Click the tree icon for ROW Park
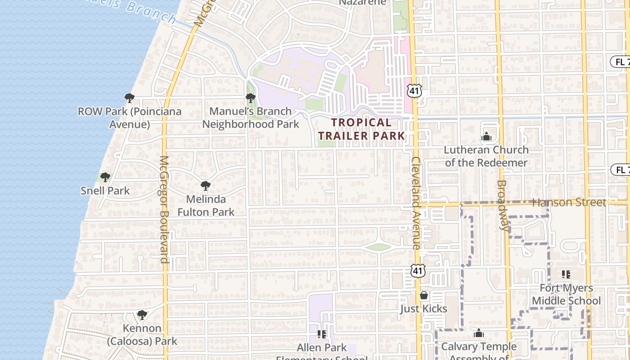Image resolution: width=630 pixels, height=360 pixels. coord(130,98)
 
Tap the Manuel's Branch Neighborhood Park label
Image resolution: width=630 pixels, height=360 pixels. coord(251,117)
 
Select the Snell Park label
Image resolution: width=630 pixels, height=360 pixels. coord(105,191)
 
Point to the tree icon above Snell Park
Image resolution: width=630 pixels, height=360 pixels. coord(105,177)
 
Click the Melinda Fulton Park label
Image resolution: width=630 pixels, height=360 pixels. coord(206,205)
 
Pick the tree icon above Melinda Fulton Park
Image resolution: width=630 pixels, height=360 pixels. coord(206,185)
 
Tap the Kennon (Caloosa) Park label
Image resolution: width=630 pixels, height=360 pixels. coord(142,335)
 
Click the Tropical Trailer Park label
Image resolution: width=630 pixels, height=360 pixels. coord(361,129)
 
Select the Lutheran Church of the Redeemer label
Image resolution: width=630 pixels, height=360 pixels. coord(486,156)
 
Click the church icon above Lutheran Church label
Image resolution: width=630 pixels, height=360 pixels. coord(486,136)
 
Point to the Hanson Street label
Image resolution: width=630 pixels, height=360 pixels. coord(569,202)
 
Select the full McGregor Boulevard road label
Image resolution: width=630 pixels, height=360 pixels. coord(164,209)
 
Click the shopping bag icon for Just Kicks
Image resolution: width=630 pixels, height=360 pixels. coord(423,296)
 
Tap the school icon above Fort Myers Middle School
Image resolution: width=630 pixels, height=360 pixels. coord(566,274)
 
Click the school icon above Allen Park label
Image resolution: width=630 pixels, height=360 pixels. coord(322,334)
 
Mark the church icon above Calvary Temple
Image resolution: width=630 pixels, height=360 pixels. coord(479,333)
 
